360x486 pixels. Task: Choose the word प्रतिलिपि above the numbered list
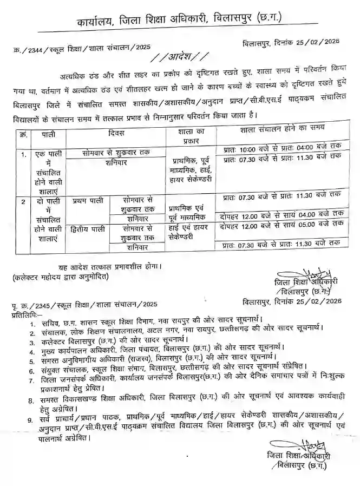point(24,314)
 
